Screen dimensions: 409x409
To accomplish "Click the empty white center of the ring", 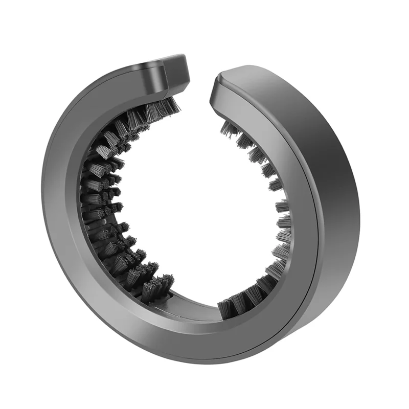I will pos(199,204).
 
